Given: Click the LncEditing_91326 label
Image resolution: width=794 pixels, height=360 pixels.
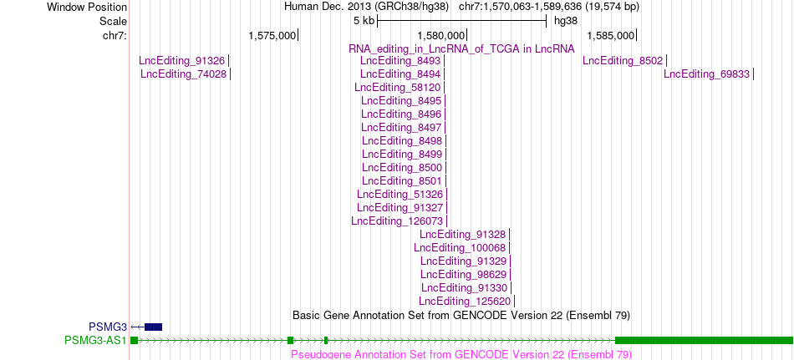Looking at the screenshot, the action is point(182,61).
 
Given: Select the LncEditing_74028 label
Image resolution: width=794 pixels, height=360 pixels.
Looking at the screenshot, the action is point(183,74).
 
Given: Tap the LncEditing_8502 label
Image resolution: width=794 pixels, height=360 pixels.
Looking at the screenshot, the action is point(623,61).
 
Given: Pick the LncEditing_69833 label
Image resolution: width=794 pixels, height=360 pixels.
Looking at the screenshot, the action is point(706,74).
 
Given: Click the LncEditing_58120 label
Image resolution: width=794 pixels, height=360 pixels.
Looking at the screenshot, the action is point(398,88).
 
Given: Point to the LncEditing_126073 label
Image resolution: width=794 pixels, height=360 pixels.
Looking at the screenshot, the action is point(397,221).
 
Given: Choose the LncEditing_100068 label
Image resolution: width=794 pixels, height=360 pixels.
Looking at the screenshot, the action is point(460,247).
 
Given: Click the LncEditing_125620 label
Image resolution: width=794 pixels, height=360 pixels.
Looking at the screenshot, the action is point(465,302).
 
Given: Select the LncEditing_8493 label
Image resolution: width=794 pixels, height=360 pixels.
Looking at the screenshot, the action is point(400,61).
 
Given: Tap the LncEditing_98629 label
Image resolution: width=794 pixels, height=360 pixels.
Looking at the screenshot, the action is point(463,275).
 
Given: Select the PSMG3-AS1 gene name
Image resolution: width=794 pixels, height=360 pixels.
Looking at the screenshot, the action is point(96,340).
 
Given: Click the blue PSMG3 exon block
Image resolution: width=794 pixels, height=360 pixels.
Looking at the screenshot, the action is point(154,327).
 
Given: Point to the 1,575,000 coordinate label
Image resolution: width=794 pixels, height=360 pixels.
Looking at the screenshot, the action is point(272,35).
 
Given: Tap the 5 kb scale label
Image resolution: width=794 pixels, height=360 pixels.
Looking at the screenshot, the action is point(364,21).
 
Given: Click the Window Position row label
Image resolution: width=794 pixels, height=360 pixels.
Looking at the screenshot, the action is point(87,7).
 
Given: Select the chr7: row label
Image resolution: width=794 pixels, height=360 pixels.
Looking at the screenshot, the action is point(115,35).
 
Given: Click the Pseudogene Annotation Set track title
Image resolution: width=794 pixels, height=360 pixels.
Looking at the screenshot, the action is point(461,354).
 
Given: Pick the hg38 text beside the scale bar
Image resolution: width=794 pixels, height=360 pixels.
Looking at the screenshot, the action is point(566,21).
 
